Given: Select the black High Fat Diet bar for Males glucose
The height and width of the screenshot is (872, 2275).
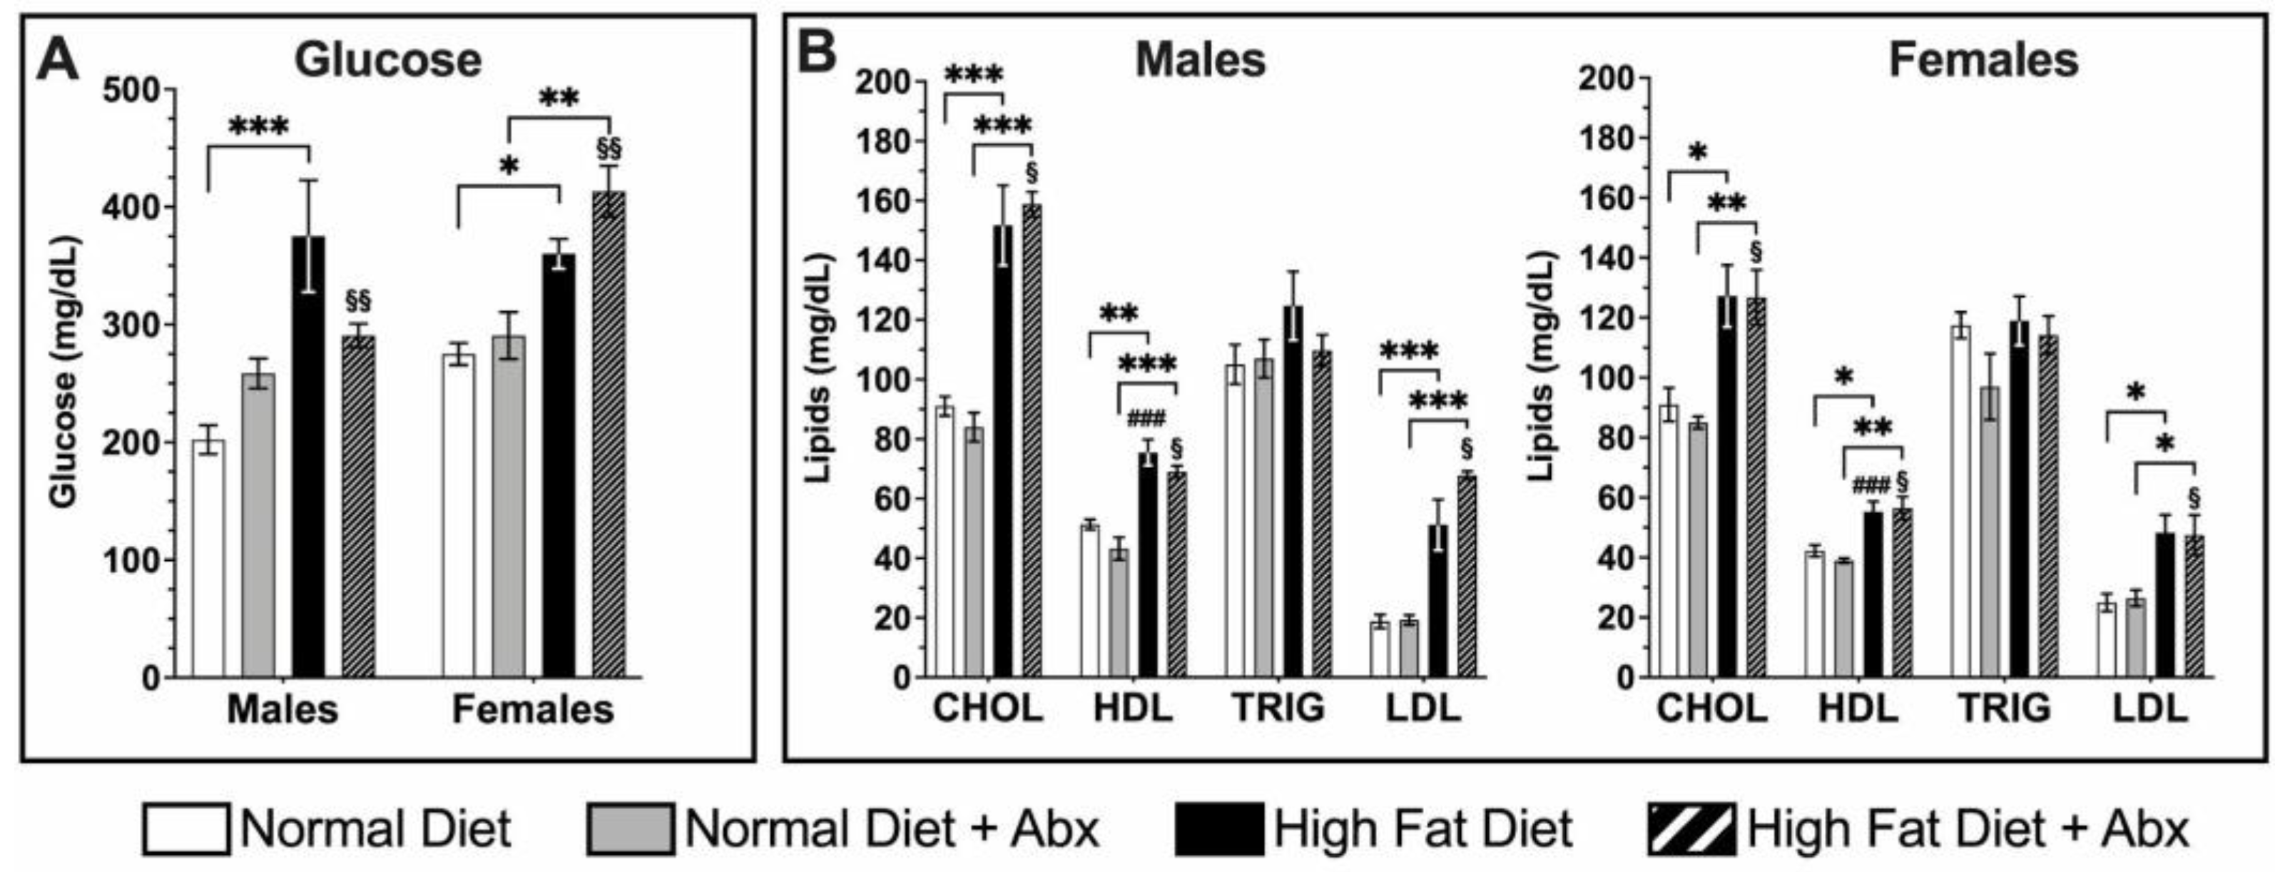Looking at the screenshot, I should [308, 460].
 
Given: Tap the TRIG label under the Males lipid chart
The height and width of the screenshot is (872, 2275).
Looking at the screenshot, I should [1279, 708].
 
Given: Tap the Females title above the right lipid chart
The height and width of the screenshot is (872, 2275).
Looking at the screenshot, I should [1982, 61].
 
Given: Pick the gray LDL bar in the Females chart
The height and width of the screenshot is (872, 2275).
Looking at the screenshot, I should [2134, 638].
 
